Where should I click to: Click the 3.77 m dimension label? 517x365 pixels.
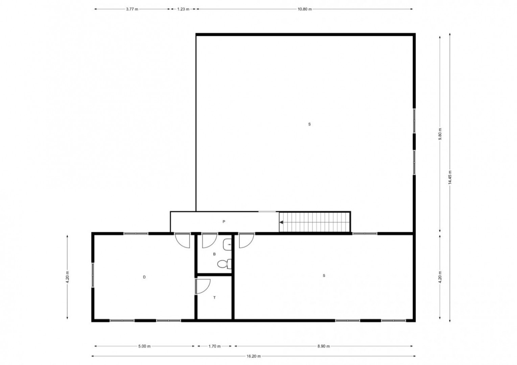[132, 9]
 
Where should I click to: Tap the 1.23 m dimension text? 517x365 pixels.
[183, 9]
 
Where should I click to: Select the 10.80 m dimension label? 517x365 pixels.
[305, 9]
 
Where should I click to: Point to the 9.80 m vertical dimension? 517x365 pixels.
[440, 134]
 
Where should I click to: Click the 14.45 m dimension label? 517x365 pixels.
[450, 177]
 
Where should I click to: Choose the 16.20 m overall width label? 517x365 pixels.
[254, 356]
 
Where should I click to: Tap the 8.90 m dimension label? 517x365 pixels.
[324, 346]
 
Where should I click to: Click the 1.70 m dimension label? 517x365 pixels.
[214, 346]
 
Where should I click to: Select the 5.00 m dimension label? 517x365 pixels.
[144, 346]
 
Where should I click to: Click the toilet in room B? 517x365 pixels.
[225, 264]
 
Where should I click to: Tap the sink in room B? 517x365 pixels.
[227, 244]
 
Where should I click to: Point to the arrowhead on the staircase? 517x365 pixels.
[281, 222]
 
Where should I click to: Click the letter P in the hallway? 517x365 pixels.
[224, 222]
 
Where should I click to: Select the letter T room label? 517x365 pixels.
[214, 298]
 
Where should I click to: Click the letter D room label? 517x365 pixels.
[144, 277]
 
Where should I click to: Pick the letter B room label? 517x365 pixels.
[214, 254]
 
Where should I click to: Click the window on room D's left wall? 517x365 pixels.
[93, 275]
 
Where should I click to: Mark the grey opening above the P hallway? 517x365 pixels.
[267, 212]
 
